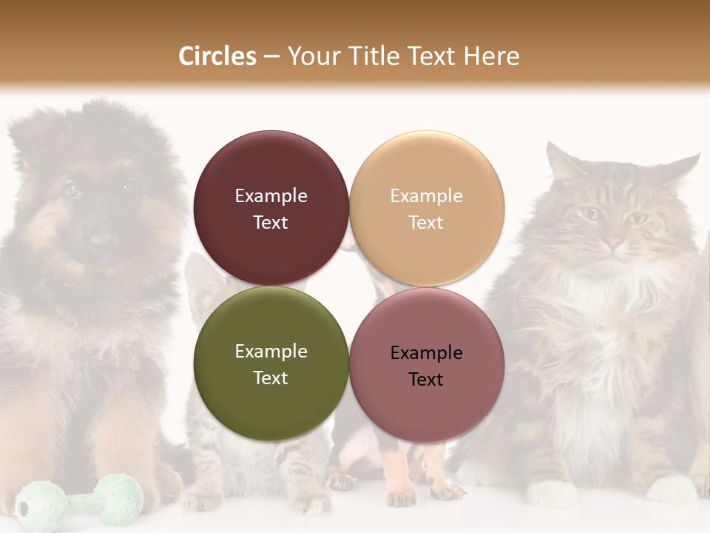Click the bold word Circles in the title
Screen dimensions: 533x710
coord(217,56)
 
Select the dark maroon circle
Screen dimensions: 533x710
coord(271,208)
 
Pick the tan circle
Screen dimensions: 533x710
coord(427,208)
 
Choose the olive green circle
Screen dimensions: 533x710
coord(271,363)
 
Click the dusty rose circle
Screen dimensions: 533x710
coord(427,365)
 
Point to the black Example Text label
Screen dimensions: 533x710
coord(426,366)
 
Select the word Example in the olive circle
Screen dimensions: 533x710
coord(271,351)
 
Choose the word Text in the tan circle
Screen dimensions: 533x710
coord(426,222)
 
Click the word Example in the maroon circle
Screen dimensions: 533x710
coord(271,195)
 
